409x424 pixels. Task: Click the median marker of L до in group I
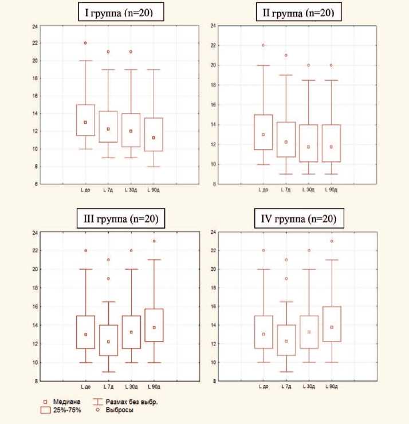[85, 122]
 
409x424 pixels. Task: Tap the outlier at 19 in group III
[108, 278]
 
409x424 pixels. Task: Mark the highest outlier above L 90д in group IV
[331, 241]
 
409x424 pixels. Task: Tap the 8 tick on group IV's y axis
[213, 380]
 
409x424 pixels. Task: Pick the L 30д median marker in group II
[308, 147]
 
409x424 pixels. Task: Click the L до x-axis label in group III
[85, 387]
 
